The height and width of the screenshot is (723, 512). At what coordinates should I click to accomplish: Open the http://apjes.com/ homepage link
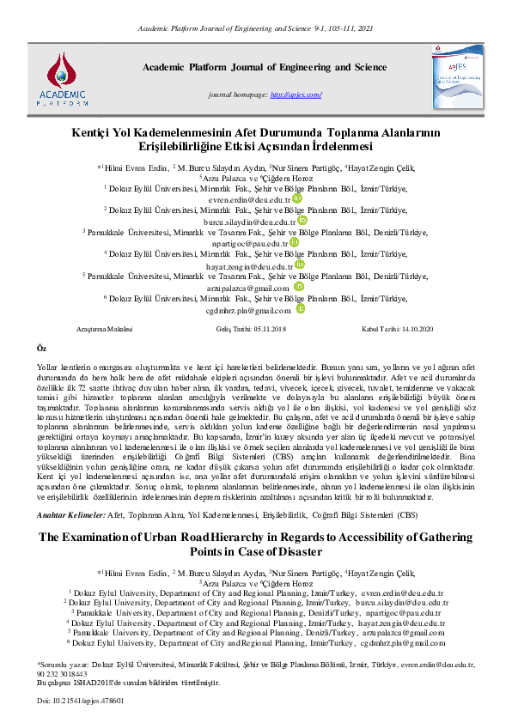tap(296, 94)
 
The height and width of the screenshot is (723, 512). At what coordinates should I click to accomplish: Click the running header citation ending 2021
tap(256, 29)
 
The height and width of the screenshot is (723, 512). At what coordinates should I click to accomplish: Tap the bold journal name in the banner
tap(264, 66)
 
